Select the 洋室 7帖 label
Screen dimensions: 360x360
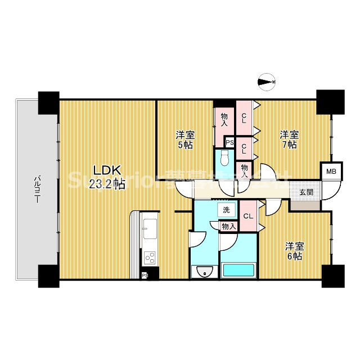(289, 140)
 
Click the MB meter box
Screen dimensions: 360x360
(331, 172)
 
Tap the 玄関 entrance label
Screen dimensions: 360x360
(306, 192)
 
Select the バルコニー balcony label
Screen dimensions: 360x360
(37, 190)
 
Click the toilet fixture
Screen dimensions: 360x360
(224, 160)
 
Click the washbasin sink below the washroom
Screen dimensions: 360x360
(204, 273)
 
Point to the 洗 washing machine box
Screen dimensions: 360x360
(226, 210)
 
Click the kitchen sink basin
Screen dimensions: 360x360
(150, 229)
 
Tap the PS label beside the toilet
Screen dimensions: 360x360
(229, 143)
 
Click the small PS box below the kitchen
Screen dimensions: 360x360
(145, 275)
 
